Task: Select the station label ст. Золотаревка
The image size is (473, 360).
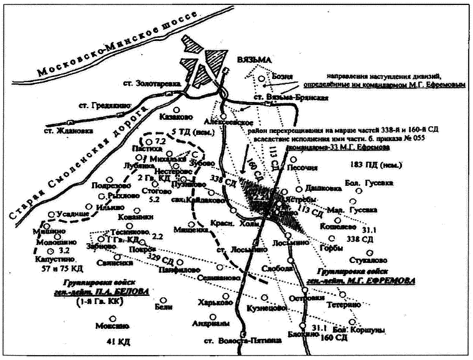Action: coord(149,83)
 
